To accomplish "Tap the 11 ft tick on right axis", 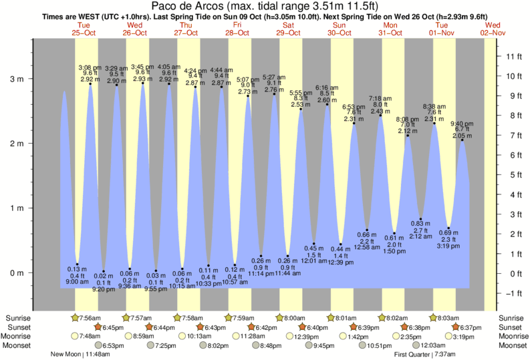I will [x=514, y=56].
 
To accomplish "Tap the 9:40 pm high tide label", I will [x=461, y=124].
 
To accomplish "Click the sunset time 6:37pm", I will [x=468, y=327].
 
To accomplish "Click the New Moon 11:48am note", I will [x=81, y=355].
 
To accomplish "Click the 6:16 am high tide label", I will [x=327, y=87].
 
